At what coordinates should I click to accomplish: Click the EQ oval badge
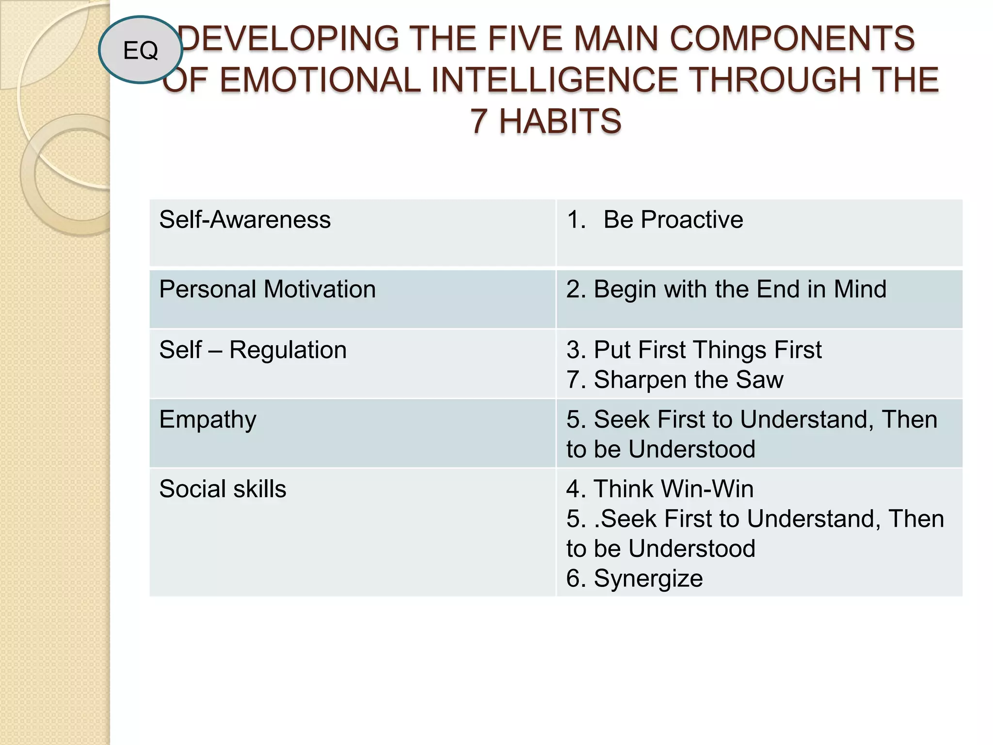point(141,49)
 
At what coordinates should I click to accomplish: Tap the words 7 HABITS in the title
point(545,121)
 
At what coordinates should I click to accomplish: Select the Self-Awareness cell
point(245,220)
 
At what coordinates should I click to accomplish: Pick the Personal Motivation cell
point(267,290)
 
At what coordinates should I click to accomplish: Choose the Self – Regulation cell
point(253,350)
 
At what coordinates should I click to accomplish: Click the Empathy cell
point(208,420)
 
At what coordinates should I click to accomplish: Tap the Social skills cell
point(223,489)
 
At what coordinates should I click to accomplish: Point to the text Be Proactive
point(673,220)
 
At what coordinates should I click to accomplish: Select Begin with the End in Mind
point(726,290)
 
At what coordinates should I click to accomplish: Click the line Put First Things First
point(694,350)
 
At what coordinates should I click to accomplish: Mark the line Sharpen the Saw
point(674,380)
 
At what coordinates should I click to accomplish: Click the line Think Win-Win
point(660,489)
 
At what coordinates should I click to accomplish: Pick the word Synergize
point(648,579)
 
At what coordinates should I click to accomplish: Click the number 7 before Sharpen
point(574,380)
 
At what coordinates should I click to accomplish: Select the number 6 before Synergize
point(574,579)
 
